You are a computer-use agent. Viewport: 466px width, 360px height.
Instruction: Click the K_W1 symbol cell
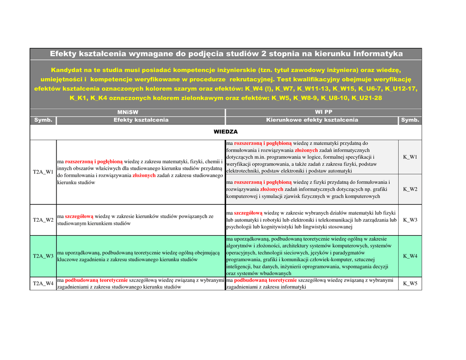[410, 157]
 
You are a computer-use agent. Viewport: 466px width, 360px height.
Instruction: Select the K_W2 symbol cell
[410, 189]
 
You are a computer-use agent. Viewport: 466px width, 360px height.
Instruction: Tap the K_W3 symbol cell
[410, 220]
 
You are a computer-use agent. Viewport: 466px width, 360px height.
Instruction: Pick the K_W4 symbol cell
[410, 256]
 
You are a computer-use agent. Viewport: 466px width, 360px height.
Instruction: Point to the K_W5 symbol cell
[410, 284]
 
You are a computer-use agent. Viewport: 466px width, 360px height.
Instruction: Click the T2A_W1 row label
[43, 172]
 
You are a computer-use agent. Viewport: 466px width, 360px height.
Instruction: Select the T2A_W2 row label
[43, 220]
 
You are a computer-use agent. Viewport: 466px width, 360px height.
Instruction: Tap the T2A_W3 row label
[43, 256]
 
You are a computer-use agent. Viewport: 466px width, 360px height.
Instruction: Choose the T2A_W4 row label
[43, 284]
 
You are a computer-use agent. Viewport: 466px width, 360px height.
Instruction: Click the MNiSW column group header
[127, 112]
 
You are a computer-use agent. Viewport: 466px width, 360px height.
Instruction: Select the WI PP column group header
[324, 112]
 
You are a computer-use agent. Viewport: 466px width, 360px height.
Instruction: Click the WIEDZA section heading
[226, 132]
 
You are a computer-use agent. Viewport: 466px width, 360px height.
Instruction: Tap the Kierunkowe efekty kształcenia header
[312, 120]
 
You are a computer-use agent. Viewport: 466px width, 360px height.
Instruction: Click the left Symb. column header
[43, 120]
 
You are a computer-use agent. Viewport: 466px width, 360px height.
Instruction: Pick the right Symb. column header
[410, 120]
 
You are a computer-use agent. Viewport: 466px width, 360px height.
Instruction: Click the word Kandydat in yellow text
[66, 71]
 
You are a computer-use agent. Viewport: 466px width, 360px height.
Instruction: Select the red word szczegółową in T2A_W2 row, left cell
[79, 217]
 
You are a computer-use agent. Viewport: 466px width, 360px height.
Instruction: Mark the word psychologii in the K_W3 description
[239, 227]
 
